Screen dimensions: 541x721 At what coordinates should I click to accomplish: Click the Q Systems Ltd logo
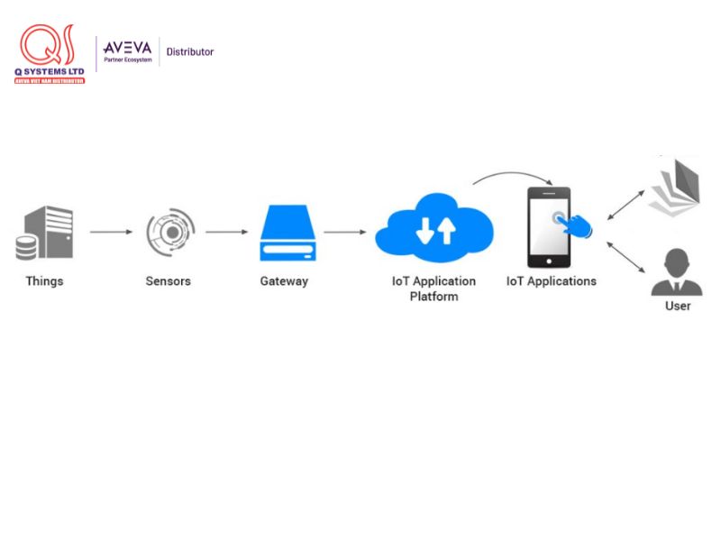(x=50, y=54)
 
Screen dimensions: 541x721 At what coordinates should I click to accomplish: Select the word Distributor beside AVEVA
(x=190, y=52)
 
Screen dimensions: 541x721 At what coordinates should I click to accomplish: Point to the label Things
(x=44, y=281)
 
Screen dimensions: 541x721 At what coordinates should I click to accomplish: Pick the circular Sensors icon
(x=169, y=232)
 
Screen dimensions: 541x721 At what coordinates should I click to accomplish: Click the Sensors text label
(x=169, y=281)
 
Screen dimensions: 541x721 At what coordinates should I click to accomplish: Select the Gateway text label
(x=284, y=281)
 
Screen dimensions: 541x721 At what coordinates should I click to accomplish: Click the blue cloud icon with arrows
(x=434, y=232)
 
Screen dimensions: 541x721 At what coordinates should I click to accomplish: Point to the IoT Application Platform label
(x=434, y=289)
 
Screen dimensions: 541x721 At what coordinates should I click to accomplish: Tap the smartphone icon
(x=548, y=227)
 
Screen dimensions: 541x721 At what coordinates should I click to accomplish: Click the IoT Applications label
(x=552, y=281)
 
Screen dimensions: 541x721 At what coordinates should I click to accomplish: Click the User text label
(x=678, y=307)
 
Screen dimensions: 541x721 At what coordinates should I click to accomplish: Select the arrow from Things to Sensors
(x=111, y=233)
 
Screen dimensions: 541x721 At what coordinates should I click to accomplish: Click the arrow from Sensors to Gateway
(x=226, y=233)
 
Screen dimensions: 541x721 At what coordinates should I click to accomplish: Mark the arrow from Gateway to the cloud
(x=345, y=233)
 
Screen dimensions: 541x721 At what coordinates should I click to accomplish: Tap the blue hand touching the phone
(x=577, y=225)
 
